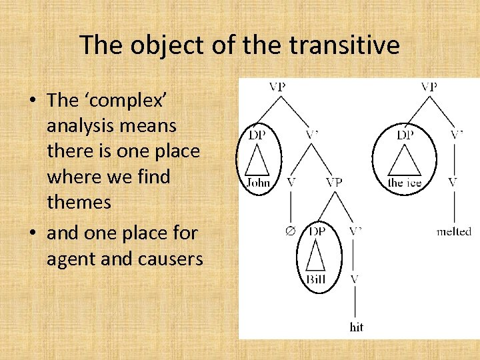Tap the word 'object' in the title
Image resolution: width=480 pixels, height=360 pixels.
point(163,45)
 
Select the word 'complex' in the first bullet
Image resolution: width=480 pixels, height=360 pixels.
point(128,100)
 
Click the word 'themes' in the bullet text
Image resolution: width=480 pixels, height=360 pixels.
point(79,202)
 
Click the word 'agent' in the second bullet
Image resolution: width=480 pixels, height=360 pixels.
point(73,258)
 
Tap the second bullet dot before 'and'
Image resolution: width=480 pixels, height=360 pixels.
point(32,233)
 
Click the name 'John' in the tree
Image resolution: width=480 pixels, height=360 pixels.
point(258,182)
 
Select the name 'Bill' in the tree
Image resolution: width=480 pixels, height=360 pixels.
point(316,279)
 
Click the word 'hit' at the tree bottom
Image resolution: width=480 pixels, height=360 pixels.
point(357,327)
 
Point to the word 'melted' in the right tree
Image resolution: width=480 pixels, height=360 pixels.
point(453,231)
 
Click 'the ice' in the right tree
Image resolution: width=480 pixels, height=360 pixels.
point(405,182)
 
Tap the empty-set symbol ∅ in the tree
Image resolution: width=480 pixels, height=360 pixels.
point(289,231)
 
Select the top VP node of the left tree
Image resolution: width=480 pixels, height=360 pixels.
point(279,86)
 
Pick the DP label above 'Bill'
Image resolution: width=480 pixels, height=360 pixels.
point(317,231)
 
